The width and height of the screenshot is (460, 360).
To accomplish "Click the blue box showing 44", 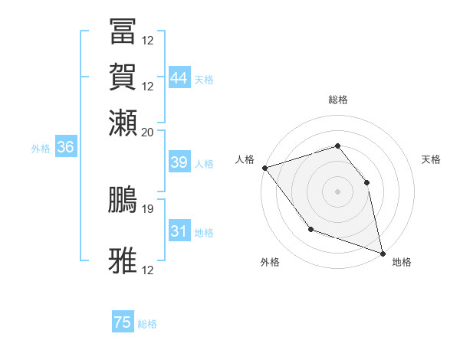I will point(179,77).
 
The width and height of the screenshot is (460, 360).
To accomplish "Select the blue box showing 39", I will point(179,162).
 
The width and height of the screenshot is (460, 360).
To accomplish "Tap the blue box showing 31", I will point(179,231).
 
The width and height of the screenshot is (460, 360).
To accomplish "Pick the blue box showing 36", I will point(65,148).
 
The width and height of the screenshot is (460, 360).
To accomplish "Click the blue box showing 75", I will point(123,322).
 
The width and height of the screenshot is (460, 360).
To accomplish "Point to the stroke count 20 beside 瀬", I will point(148,132).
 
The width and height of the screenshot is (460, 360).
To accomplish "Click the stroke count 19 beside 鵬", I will point(148,208).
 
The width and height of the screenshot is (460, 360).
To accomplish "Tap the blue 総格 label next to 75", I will point(147,324).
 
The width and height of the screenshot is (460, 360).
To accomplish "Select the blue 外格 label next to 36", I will point(40,149).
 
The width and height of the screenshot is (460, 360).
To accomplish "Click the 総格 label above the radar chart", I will point(338,100).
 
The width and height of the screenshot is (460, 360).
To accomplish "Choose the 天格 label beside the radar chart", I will point(432,159).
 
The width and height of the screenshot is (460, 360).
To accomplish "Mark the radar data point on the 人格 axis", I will point(264,167).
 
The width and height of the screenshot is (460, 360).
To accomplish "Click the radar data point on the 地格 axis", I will point(382,252).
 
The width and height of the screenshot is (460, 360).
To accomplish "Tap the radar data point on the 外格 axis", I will point(310,228).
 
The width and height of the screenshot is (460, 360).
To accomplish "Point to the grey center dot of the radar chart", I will point(338,191).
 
